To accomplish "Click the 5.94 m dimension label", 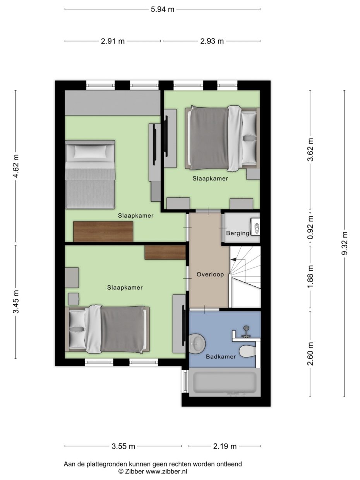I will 163,9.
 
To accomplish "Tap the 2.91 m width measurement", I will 113,41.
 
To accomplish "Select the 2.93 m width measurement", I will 212,41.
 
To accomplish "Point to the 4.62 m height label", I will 16,166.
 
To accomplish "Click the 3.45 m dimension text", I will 16,302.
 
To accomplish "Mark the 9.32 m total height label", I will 345,243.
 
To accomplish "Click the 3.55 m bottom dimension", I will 123,446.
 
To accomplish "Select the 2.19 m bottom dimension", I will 225,446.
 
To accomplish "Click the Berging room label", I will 238,233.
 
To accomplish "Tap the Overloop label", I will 210,274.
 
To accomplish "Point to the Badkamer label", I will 221,357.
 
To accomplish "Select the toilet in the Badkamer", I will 247,351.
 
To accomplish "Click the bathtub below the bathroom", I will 225,382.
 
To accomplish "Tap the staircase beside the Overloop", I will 245,277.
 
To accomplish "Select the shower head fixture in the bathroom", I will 246,330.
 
